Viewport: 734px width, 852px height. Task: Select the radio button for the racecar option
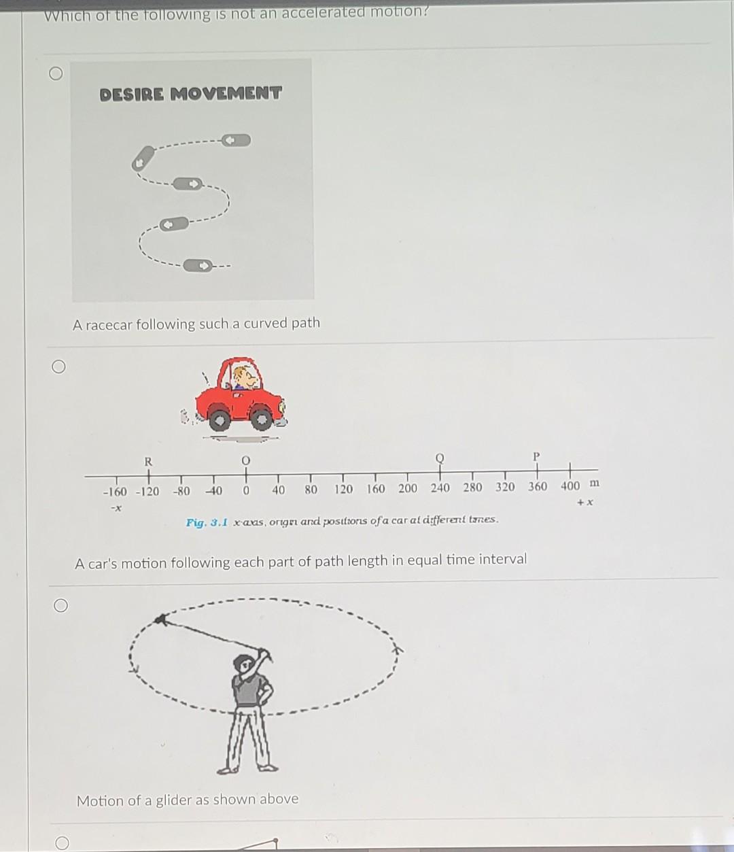tap(57, 74)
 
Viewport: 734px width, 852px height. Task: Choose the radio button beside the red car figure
tap(58, 367)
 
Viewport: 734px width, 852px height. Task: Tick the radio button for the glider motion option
tap(60, 605)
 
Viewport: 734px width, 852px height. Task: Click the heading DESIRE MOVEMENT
tap(190, 93)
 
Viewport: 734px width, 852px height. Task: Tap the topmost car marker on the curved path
tap(237, 141)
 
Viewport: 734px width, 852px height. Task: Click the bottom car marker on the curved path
tap(200, 266)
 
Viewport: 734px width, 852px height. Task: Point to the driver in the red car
tap(241, 377)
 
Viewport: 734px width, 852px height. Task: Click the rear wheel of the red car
tap(219, 419)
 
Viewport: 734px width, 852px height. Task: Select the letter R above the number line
tap(148, 461)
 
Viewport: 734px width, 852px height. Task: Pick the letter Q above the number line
tap(440, 458)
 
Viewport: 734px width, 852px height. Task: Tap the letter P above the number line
tap(536, 456)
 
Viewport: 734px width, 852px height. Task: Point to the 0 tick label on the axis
tap(246, 490)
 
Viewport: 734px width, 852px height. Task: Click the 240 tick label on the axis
tap(440, 488)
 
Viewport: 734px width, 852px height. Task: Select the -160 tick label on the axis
tap(114, 492)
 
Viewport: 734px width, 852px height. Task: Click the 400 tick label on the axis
tap(570, 485)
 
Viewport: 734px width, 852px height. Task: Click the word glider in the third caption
tap(173, 800)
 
